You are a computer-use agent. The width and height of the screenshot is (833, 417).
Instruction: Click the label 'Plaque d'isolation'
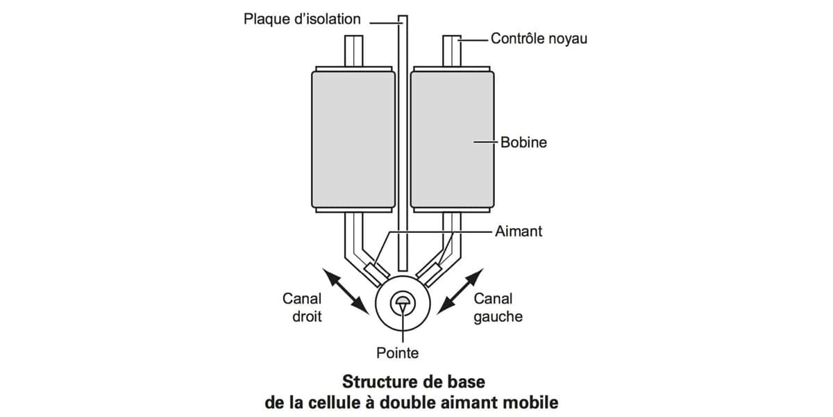coord(302,19)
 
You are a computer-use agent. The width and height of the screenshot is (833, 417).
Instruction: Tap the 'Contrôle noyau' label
coord(539,39)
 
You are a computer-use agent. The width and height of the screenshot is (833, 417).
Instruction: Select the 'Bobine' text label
coord(523,142)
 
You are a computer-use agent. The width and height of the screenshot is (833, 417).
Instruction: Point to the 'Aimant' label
coord(519,231)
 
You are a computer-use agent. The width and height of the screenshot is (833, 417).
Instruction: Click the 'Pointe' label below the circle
coord(397,353)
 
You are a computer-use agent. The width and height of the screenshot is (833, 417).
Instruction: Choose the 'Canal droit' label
coord(302,307)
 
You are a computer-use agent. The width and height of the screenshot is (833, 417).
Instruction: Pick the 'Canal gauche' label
coord(498,307)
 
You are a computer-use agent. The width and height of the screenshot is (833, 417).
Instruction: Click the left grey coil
coord(353,140)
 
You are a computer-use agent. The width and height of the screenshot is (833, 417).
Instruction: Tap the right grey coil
coord(452,140)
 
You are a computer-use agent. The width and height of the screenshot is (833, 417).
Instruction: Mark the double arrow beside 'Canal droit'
coord(346,291)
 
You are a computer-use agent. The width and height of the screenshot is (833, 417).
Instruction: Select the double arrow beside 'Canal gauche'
coord(460,291)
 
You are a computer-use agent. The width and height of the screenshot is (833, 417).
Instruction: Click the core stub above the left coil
coord(353,51)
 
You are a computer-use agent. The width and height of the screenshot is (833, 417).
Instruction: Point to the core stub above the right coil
coord(452,51)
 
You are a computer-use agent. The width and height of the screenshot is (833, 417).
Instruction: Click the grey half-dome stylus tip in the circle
coord(403,300)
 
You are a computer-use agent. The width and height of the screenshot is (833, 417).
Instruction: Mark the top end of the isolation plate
coord(403,16)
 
